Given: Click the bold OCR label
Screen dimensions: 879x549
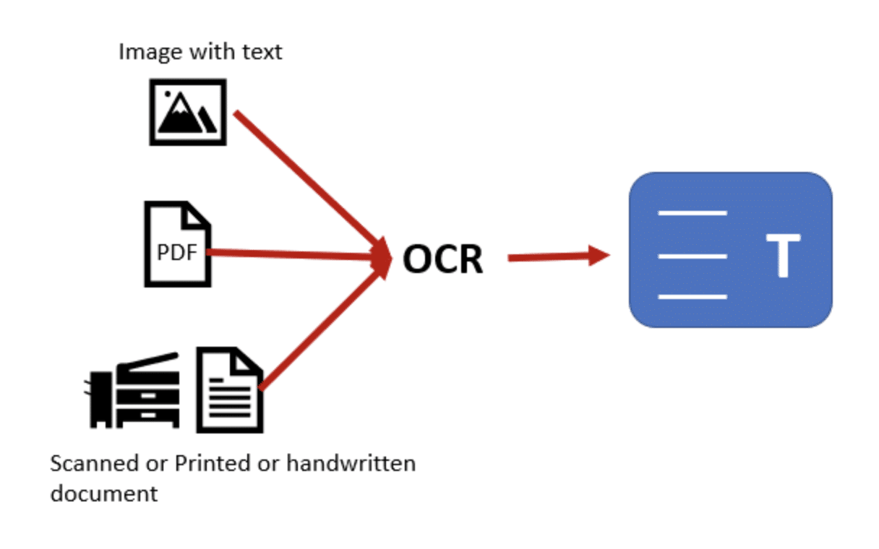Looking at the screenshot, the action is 442,259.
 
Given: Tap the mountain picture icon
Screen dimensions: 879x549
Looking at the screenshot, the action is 188,112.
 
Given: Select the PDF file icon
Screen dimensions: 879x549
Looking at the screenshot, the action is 178,244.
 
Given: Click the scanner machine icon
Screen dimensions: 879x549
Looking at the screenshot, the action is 132,391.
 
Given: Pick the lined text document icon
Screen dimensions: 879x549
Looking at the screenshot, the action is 230,390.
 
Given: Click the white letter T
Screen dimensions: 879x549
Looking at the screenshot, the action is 784,255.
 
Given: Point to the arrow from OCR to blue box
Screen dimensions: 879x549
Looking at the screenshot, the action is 559,256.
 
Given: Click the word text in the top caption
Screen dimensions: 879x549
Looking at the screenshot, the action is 262,52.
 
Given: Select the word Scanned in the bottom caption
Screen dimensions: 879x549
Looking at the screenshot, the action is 95,463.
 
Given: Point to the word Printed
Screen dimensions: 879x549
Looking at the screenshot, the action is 213,463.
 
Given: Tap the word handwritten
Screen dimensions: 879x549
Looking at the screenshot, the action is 351,463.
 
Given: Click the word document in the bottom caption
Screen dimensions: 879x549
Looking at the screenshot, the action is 104,493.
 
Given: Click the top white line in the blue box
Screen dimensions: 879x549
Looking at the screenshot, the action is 693,213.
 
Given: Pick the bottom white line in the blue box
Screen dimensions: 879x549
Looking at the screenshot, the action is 693,297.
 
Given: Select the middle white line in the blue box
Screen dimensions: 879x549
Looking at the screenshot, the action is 693,256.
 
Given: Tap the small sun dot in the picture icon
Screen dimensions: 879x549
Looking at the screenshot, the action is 168,94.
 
